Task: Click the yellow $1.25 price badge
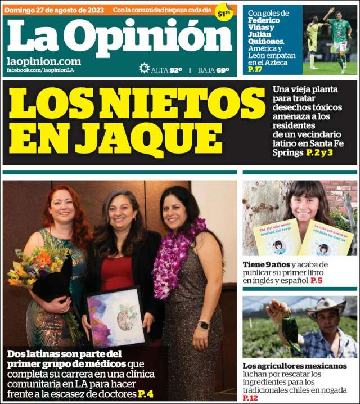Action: [224, 13]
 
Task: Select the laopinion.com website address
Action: [43, 61]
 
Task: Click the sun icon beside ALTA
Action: [144, 69]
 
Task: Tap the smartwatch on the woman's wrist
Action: [204, 325]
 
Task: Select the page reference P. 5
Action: [316, 280]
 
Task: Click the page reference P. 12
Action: [249, 398]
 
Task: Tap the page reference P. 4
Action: [146, 394]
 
